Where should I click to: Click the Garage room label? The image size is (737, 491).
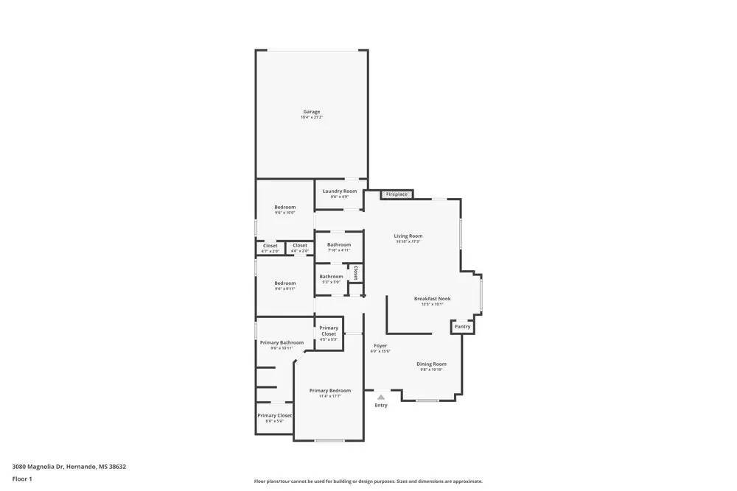(311, 112)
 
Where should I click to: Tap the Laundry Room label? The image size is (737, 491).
(339, 191)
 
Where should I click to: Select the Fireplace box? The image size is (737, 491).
(397, 194)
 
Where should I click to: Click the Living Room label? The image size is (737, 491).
(408, 236)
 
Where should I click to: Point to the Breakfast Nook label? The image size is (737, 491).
(432, 299)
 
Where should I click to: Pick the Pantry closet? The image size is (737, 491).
(462, 326)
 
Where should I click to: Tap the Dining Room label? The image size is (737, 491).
(431, 364)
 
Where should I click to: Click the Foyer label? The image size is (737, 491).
(380, 346)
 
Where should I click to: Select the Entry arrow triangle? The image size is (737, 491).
(381, 397)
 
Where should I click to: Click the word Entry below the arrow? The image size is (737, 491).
(381, 406)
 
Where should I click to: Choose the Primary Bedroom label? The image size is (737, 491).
(329, 391)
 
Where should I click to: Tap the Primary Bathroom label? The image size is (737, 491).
(282, 342)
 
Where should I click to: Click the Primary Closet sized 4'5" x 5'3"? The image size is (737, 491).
(329, 331)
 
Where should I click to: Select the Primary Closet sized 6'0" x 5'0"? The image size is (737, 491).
(274, 416)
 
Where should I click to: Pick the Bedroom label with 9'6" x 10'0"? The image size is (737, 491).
(285, 208)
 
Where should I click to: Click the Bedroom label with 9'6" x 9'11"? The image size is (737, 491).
(285, 283)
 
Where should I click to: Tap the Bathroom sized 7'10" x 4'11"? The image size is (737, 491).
(339, 245)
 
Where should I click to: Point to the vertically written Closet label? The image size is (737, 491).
(355, 273)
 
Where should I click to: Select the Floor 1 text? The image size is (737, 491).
(22, 478)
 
